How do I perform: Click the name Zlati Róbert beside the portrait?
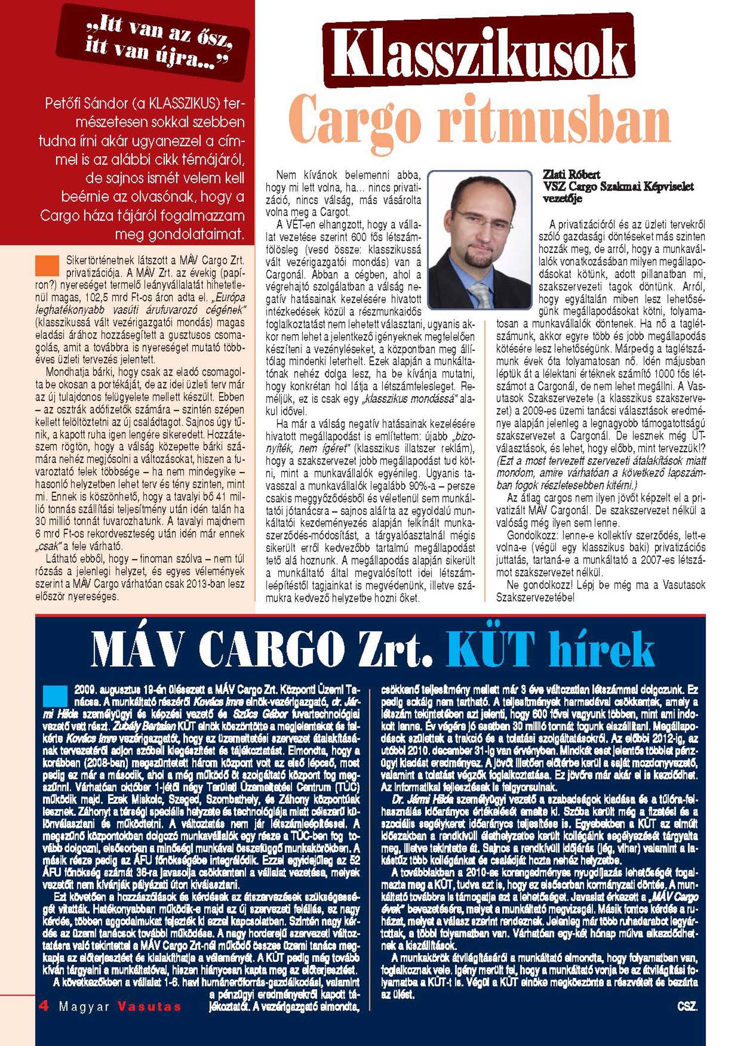click(571, 175)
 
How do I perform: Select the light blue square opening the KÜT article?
click(55, 695)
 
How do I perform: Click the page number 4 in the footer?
click(44, 1006)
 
